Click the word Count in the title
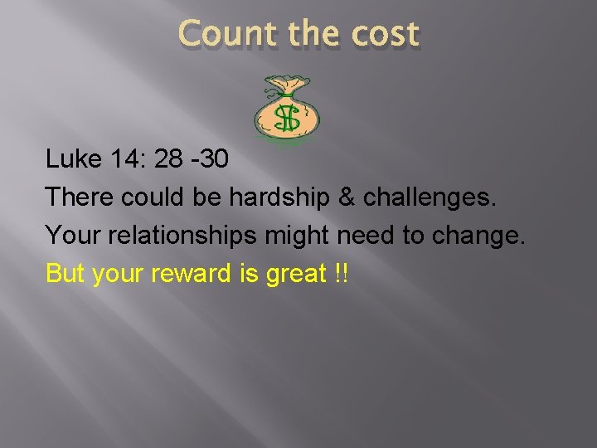click(224, 35)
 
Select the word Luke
click(73, 158)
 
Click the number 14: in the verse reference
click(132, 158)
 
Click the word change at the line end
click(479, 236)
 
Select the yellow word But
click(65, 274)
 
